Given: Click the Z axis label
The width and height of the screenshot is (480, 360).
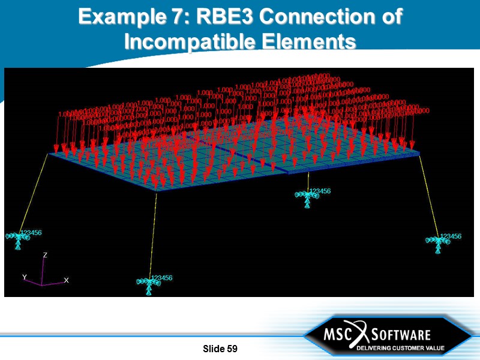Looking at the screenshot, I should pyautogui.click(x=45, y=255).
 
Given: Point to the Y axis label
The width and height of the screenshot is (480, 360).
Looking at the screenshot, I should pyautogui.click(x=25, y=277).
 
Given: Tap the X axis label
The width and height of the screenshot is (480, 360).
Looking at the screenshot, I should pyautogui.click(x=66, y=280).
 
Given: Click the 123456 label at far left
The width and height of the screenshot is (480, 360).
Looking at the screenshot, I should pyautogui.click(x=32, y=232).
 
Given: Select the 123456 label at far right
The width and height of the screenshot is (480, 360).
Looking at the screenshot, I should pyautogui.click(x=451, y=236).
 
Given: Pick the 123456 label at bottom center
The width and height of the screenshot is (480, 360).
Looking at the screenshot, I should pyautogui.click(x=162, y=278).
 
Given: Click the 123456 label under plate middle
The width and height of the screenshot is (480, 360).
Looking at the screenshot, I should pyautogui.click(x=320, y=191).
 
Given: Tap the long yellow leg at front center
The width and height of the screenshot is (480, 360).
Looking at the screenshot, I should pyautogui.click(x=154, y=234).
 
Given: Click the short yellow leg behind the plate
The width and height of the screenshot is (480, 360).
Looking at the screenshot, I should pyautogui.click(x=308, y=181).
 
